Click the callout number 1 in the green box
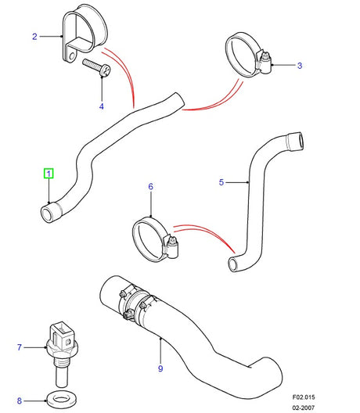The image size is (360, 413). click(x=49, y=174)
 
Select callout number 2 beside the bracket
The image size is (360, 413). click(x=34, y=36)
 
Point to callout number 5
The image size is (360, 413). click(x=221, y=182)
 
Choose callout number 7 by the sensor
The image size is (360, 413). click(x=20, y=346)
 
